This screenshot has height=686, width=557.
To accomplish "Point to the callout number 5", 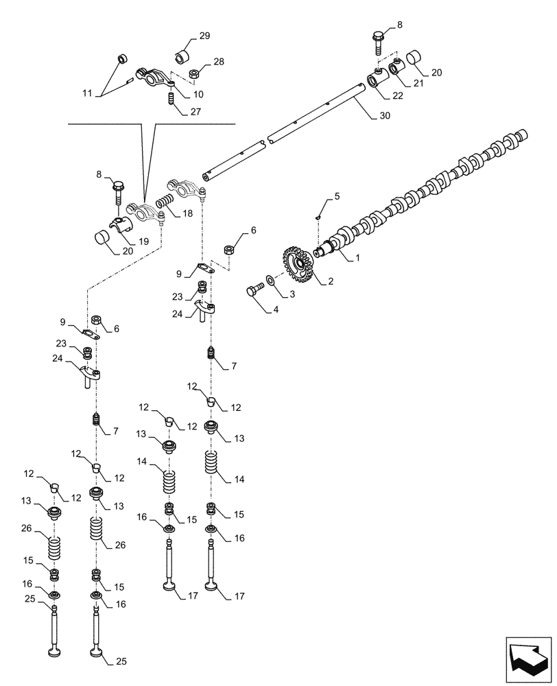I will pos(336,197).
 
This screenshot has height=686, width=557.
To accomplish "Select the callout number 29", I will pos(204,36).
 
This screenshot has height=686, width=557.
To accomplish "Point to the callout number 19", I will pos(144,241).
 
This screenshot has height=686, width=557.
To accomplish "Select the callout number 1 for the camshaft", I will pos(357,260).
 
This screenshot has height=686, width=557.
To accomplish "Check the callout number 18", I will pos(187,214).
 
